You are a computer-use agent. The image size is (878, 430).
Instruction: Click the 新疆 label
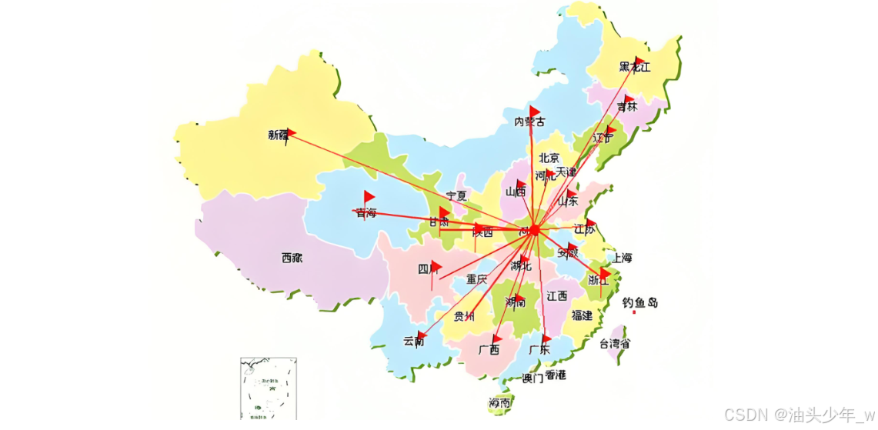coord(278,135)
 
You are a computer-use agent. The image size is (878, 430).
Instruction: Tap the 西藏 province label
coord(292,258)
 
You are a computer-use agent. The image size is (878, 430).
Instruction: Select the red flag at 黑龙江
coord(639,62)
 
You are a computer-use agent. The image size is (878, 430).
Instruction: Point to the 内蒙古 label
coord(529,122)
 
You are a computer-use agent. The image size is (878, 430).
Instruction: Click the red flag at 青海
coord(369,197)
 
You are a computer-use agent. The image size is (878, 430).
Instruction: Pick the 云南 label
coord(413,341)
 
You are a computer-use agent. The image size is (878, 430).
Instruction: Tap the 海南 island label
coord(499,402)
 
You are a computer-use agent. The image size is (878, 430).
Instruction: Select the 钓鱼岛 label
coord(639,302)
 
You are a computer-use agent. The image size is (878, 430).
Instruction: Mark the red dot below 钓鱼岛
coord(633,312)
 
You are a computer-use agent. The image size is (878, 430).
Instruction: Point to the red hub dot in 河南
coord(534,229)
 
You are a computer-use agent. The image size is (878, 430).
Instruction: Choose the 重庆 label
coord(476,279)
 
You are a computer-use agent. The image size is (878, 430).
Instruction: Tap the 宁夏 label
coord(456,196)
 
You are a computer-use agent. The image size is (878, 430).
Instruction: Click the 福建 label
coord(582,315)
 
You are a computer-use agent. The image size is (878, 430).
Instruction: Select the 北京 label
coord(549,158)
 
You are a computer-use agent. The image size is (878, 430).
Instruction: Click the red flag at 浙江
coord(606,273)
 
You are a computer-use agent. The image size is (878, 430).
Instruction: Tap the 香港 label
coord(556,375)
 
